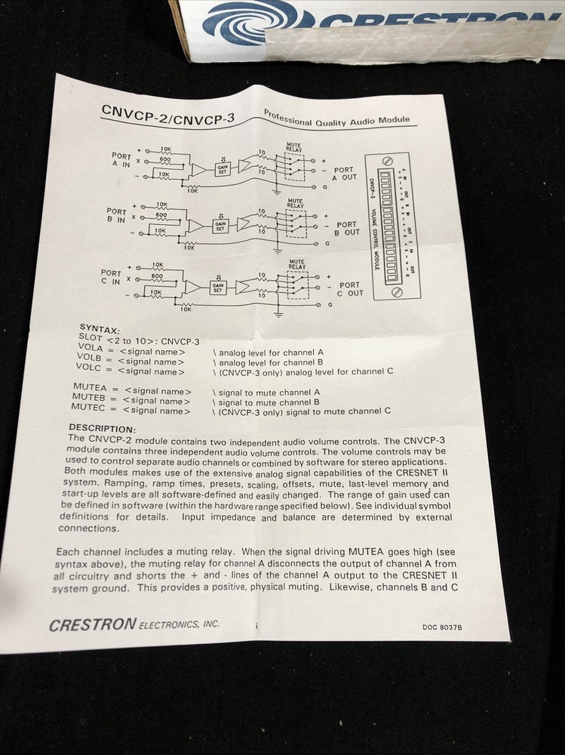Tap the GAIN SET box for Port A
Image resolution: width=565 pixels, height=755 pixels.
tap(223, 170)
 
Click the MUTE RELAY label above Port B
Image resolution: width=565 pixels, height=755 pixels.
tap(295, 203)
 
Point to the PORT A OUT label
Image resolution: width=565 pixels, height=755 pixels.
tap(345, 174)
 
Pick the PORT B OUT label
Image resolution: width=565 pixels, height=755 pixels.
tap(347, 228)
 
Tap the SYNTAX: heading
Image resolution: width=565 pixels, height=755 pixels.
tap(98, 330)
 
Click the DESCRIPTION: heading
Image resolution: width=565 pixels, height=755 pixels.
tap(101, 428)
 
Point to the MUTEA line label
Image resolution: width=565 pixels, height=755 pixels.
tap(88, 387)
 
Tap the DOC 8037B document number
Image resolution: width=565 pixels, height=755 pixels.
tap(442, 626)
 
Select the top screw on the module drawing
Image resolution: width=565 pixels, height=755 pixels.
tap(388, 161)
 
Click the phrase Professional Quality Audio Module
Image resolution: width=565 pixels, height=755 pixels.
tap(336, 117)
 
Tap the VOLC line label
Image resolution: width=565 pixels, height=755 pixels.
tap(88, 369)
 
